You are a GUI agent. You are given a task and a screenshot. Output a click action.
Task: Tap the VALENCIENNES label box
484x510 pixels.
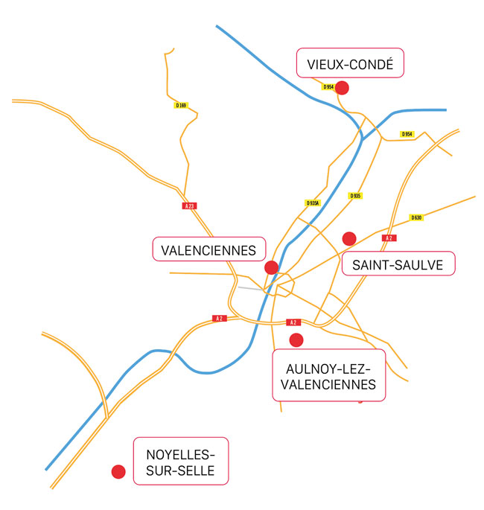pos(209,249)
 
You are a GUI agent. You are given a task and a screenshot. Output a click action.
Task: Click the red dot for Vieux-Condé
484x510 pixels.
pos(342,88)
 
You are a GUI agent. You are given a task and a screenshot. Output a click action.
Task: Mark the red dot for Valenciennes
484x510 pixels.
pos(271,267)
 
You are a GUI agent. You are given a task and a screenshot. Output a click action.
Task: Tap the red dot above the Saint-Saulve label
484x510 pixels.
pos(349,239)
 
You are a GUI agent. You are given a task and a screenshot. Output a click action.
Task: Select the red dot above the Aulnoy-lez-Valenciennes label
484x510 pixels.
pos(296,340)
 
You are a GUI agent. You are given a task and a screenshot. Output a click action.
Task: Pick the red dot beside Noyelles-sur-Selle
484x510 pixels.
pos(118,471)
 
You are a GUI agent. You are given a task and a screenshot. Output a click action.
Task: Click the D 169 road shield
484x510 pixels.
pos(181,106)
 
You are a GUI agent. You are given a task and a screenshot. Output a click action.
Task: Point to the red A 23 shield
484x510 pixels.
pos(190,206)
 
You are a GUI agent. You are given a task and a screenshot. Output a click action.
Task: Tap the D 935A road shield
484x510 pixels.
pos(313,203)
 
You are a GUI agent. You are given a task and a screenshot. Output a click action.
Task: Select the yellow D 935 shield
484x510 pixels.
pos(355,196)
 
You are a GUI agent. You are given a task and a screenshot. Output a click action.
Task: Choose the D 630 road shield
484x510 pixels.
pos(416,217)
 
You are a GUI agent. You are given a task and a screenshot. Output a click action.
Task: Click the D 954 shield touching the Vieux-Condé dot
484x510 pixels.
pos(328,87)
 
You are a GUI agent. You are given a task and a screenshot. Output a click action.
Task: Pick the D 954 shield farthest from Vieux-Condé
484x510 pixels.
pos(407,134)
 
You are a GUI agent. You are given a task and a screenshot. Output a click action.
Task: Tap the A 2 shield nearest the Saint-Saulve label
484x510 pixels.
pos(389,238)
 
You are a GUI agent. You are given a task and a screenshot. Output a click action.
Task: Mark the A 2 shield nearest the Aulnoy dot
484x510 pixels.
pos(293,322)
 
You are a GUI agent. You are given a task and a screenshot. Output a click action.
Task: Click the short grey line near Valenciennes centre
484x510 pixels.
pos(251,288)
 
